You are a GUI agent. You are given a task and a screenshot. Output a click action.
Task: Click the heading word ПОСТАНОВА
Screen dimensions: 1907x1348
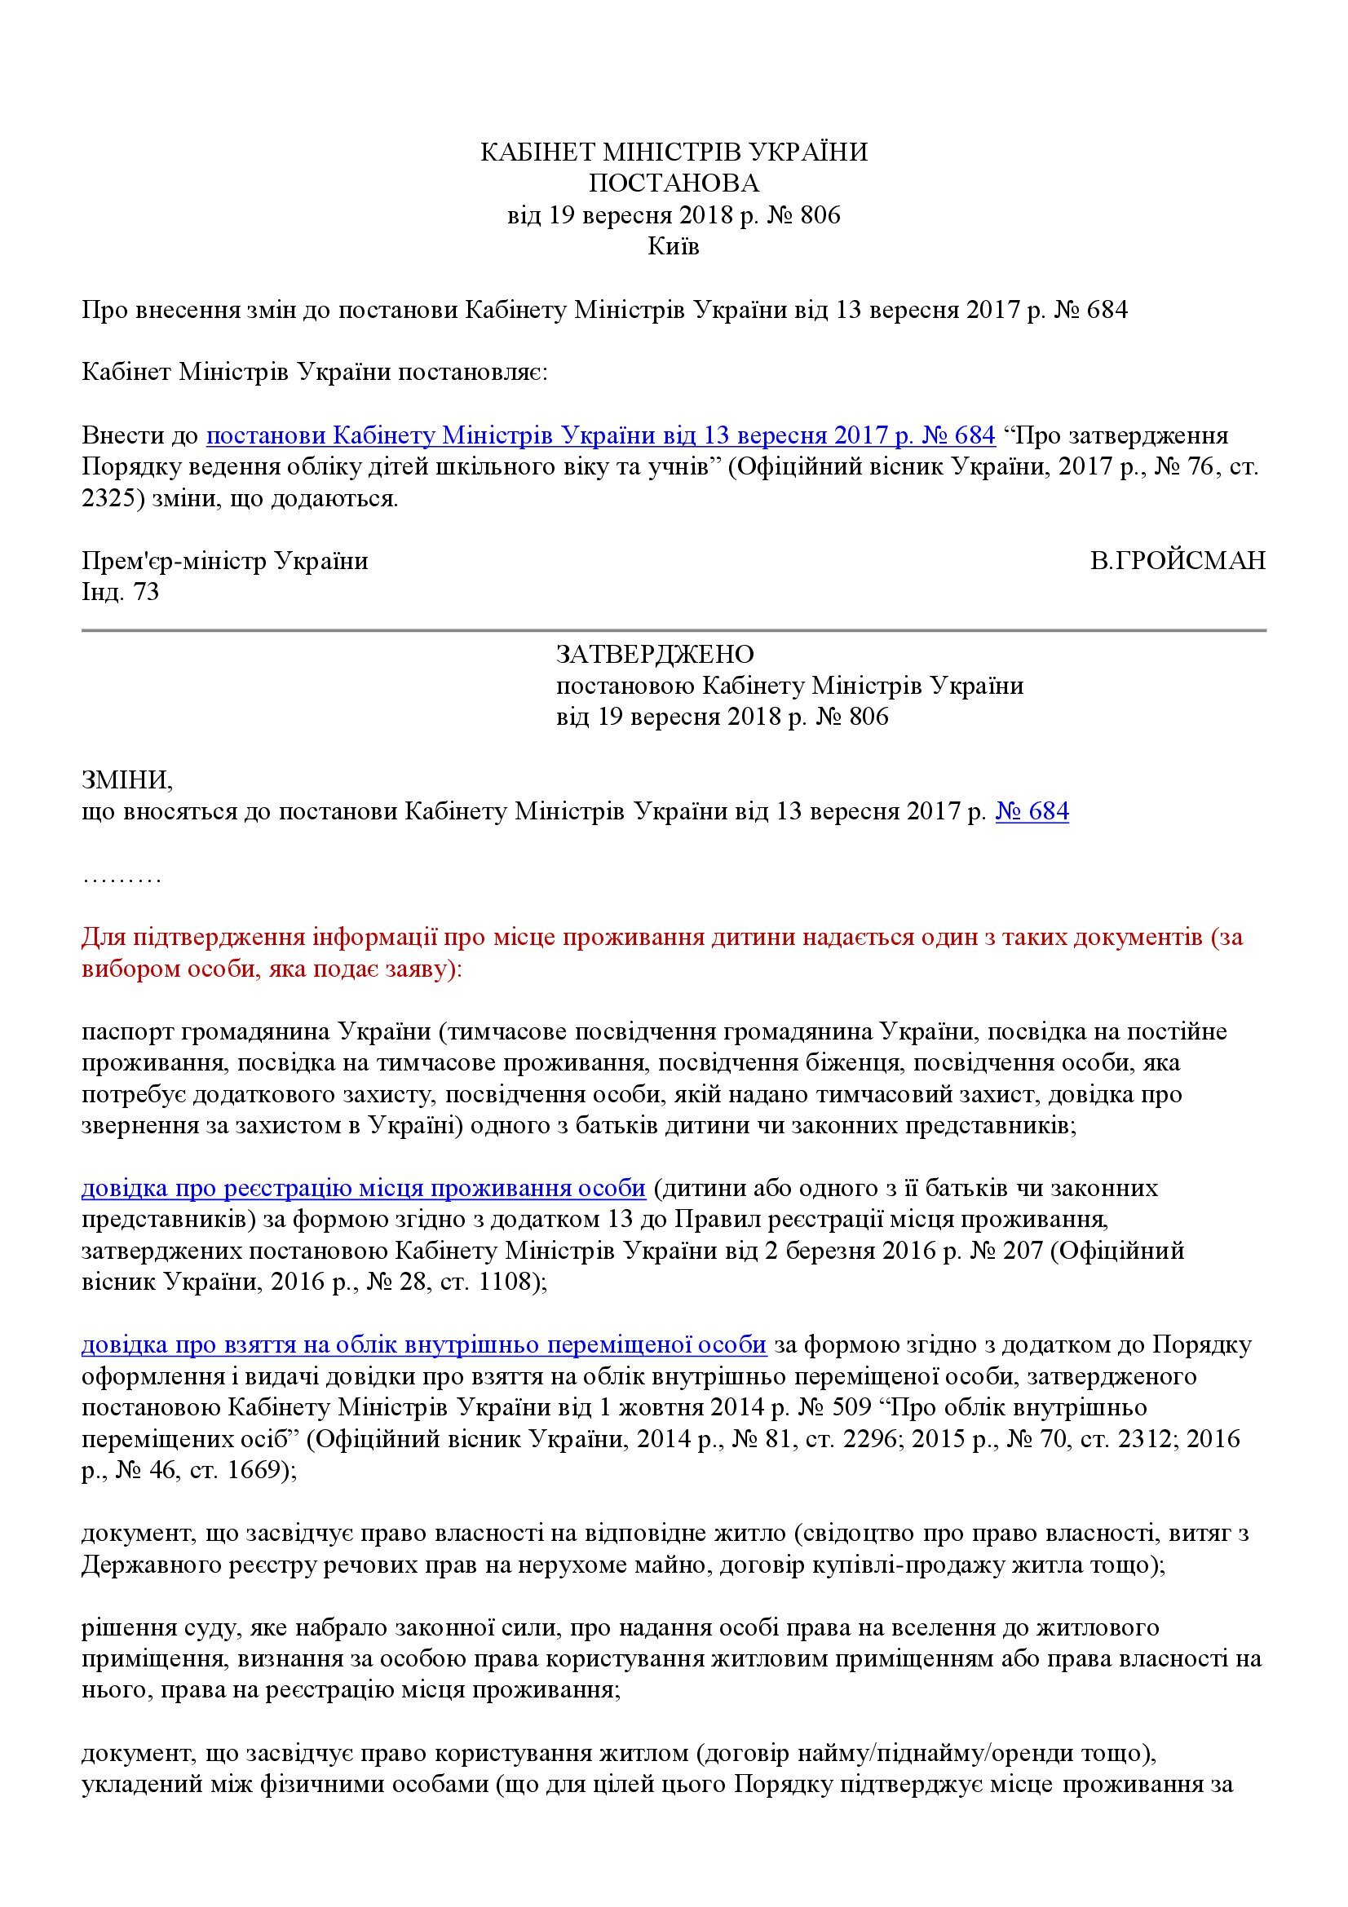[673, 183]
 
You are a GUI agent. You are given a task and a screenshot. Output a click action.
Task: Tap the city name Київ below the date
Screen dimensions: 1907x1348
[673, 247]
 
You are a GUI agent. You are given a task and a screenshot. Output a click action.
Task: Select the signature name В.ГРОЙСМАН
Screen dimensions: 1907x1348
[1178, 561]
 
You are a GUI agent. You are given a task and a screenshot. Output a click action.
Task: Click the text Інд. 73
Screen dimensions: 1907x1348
[121, 592]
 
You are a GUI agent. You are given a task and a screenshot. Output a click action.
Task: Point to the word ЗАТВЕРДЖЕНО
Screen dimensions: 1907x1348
[656, 655]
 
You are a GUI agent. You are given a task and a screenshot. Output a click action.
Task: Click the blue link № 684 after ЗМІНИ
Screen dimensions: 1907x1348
[1032, 810]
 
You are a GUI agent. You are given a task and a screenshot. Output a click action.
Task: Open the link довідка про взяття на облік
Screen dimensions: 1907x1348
[423, 1344]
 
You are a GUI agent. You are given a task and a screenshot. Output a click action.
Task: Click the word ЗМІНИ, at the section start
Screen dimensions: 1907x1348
[127, 779]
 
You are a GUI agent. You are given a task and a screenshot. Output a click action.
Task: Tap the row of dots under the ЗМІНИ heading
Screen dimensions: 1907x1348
[122, 877]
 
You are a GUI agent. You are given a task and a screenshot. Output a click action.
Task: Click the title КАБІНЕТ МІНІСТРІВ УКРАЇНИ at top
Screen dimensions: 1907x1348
[674, 152]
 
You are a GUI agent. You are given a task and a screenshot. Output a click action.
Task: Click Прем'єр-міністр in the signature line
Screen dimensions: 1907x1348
[174, 561]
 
